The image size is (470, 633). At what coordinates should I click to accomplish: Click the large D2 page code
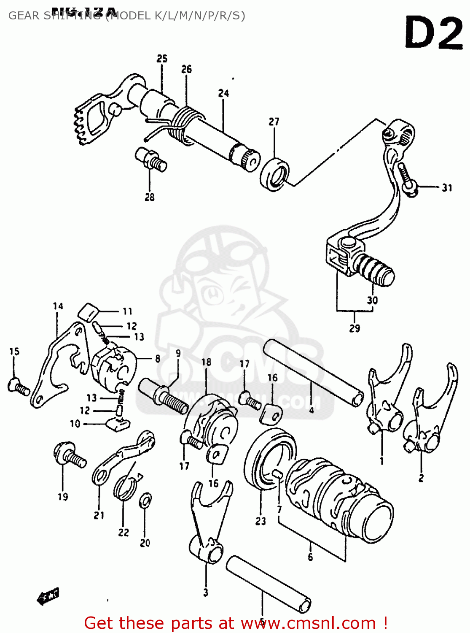pyautogui.click(x=434, y=33)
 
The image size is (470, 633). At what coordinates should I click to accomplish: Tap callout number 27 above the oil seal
pyautogui.click(x=274, y=122)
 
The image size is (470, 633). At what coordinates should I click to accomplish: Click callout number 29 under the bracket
pyautogui.click(x=355, y=328)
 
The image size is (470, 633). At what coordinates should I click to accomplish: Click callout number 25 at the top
pyautogui.click(x=162, y=59)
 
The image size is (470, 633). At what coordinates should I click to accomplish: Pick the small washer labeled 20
pyautogui.click(x=145, y=500)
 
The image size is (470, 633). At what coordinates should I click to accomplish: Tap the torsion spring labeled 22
pyautogui.click(x=125, y=487)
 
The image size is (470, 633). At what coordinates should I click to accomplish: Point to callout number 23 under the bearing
pyautogui.click(x=261, y=521)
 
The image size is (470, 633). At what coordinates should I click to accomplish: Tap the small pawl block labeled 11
pyautogui.click(x=88, y=313)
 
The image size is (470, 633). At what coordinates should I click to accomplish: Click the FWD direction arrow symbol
pyautogui.click(x=48, y=596)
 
